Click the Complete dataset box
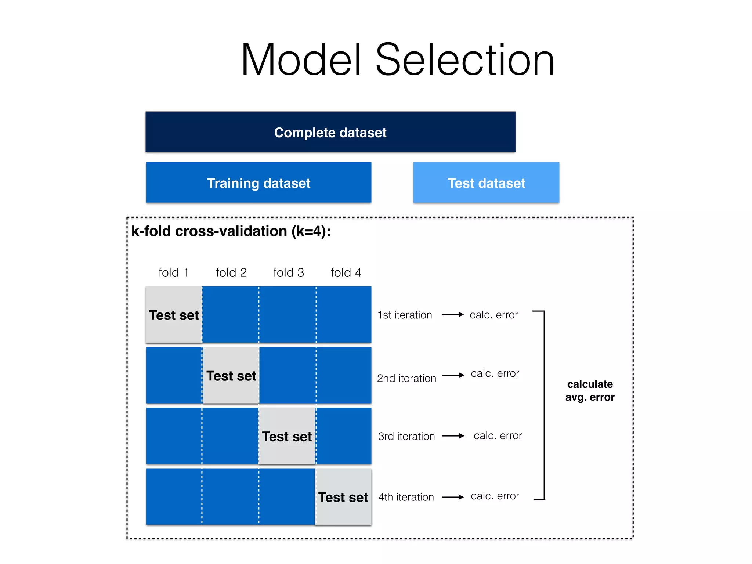click(330, 132)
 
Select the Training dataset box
click(258, 182)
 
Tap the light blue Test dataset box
click(486, 182)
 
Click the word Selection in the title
click(465, 60)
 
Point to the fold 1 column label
click(173, 273)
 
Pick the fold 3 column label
click(289, 273)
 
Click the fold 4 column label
click(346, 273)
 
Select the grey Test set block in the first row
click(174, 315)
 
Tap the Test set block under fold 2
click(231, 375)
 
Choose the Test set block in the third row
click(287, 436)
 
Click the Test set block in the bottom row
click(343, 497)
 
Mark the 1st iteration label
click(405, 315)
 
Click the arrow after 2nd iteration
click(453, 375)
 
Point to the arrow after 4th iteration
click(453, 497)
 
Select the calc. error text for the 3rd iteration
click(498, 436)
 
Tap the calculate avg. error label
click(590, 391)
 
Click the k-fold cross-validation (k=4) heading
click(231, 231)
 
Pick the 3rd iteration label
click(406, 436)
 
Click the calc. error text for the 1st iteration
click(493, 315)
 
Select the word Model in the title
click(301, 60)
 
